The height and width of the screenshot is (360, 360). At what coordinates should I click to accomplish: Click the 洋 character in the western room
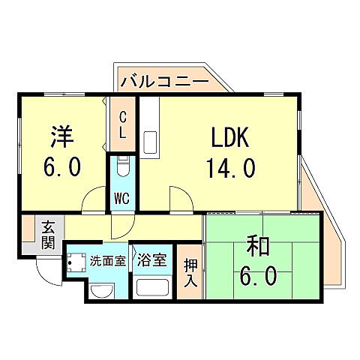[x=61, y=136]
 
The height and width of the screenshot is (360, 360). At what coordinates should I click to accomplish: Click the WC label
[x=121, y=199]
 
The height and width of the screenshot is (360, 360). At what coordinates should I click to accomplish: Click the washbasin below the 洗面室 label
[x=100, y=289]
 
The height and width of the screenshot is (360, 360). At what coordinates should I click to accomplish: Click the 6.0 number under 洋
[x=61, y=166]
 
